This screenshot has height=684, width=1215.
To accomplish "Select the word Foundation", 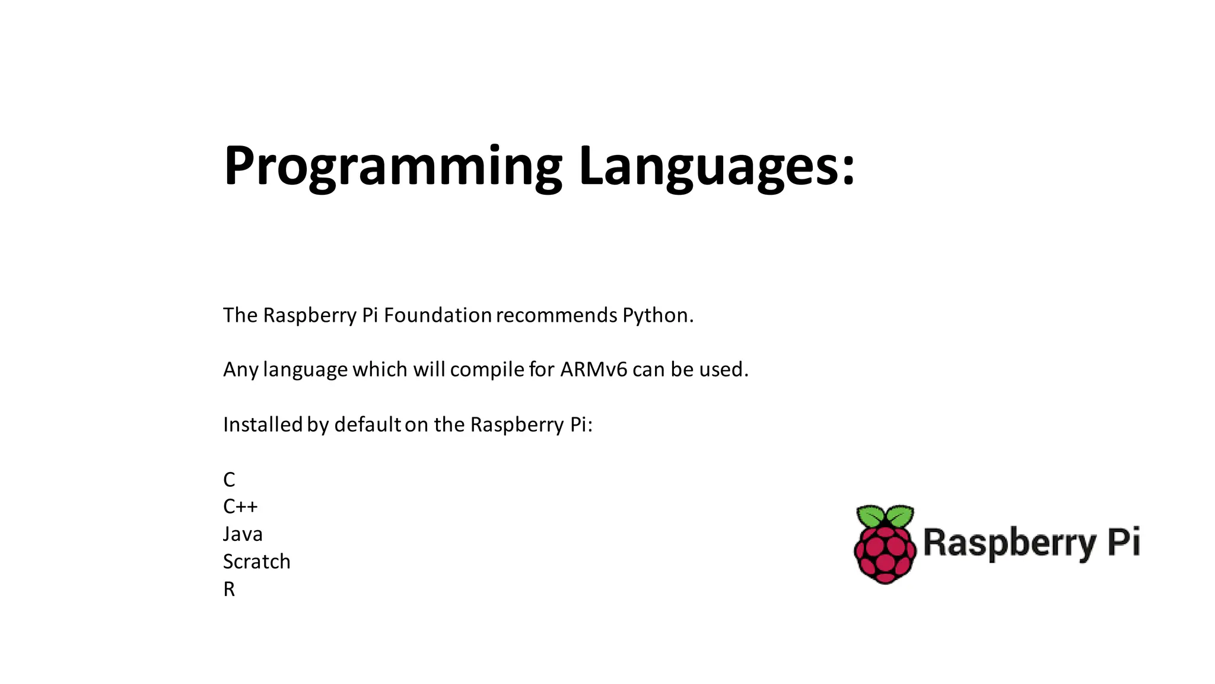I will [437, 315].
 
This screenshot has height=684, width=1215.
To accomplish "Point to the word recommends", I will [556, 315].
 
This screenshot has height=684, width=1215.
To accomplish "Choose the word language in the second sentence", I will [305, 370].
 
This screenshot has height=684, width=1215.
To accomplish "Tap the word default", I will [367, 425].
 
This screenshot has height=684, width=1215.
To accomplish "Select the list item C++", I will [240, 506].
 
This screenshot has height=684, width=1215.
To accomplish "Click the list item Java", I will [243, 534].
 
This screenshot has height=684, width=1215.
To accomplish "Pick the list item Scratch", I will [256, 562].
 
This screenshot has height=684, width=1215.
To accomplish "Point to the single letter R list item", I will [229, 590].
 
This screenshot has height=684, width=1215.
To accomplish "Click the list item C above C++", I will [229, 480].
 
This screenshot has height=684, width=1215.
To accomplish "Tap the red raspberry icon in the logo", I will [885, 555].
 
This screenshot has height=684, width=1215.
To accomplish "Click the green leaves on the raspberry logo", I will [885, 515].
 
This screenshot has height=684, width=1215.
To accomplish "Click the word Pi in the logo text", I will [1124, 541].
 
